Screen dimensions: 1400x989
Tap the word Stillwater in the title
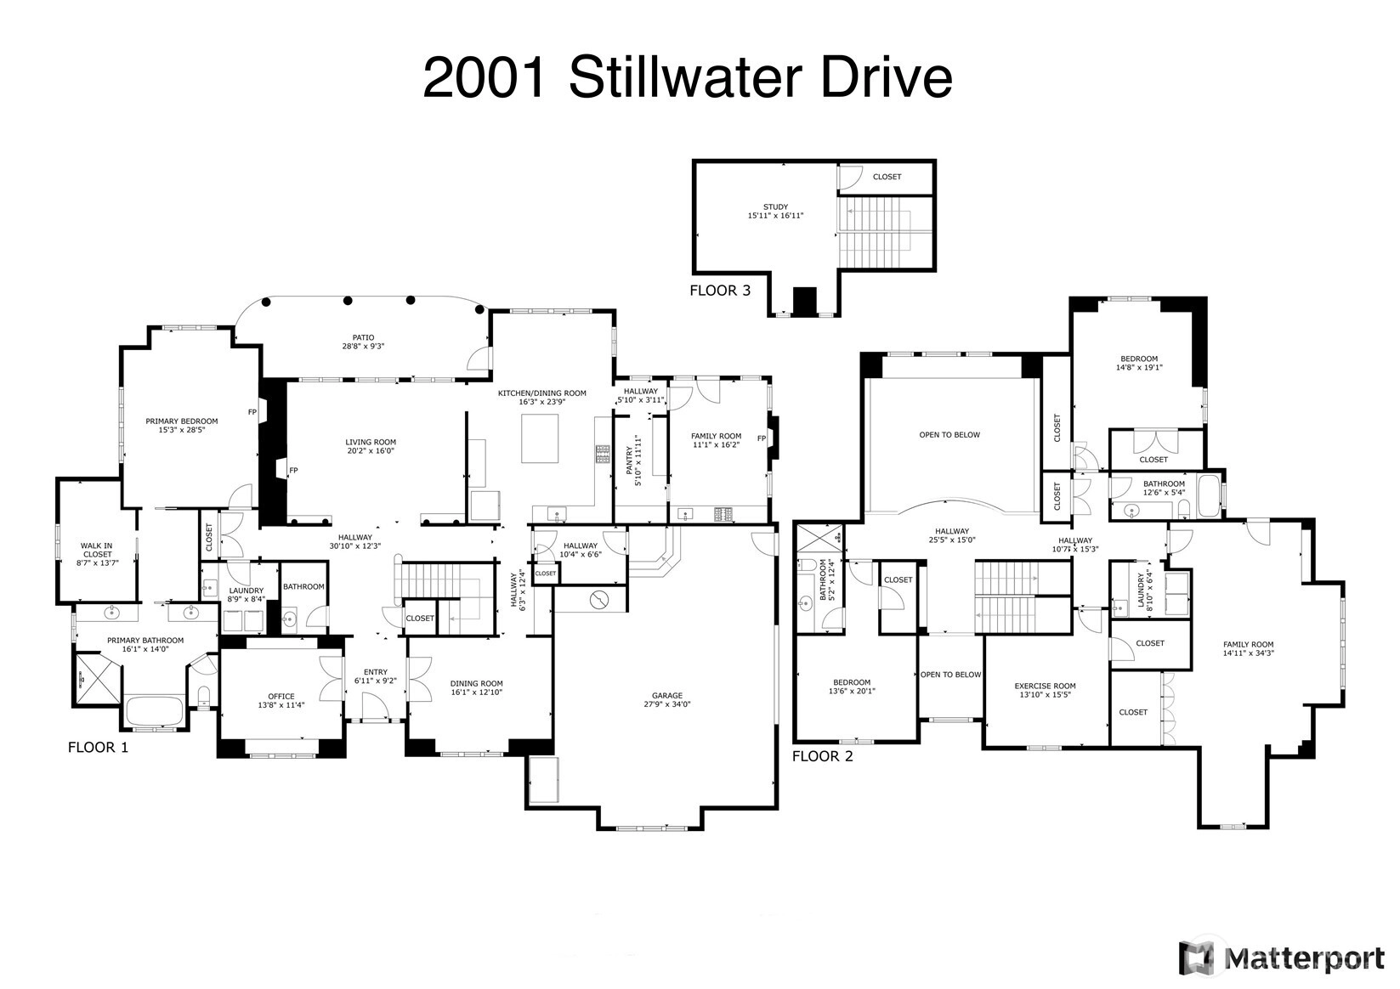(x=685, y=77)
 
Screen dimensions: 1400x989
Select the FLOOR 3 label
(x=720, y=291)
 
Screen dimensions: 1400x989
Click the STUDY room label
(x=775, y=212)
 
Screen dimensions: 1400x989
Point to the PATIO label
(x=363, y=342)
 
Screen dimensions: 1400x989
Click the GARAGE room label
(x=667, y=700)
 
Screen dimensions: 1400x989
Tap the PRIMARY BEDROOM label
(x=182, y=426)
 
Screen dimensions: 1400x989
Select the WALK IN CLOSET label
(x=97, y=554)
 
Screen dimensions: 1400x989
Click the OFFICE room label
(x=281, y=701)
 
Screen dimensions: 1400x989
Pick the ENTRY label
(x=376, y=676)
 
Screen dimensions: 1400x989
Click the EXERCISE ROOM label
(x=1045, y=691)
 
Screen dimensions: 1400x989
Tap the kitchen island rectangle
(x=540, y=438)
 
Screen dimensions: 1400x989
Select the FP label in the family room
(x=762, y=438)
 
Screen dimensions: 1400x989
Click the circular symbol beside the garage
(x=599, y=600)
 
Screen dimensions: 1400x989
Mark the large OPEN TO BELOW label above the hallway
(x=949, y=435)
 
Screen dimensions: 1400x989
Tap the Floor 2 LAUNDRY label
(x=1144, y=591)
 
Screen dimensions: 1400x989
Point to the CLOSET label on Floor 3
(x=887, y=177)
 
